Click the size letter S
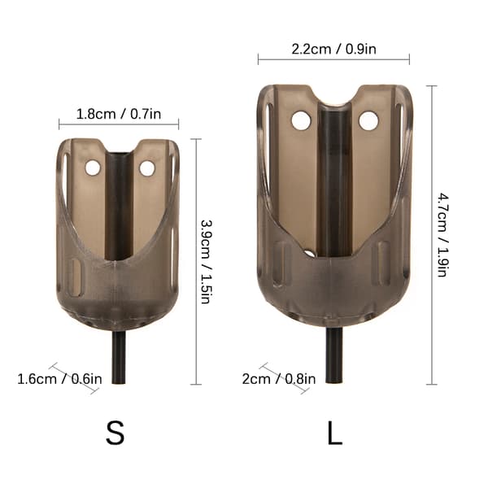coord(115,433)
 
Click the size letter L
coord(334,433)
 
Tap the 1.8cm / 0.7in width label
coord(119,114)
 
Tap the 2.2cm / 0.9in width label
coord(333,49)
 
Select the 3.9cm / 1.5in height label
coord(207,261)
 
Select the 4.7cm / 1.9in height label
coord(442,235)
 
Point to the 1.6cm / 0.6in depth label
coord(59,379)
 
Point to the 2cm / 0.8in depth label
coord(279,379)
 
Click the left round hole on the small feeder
coord(93,168)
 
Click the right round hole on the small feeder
coord(146,168)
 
